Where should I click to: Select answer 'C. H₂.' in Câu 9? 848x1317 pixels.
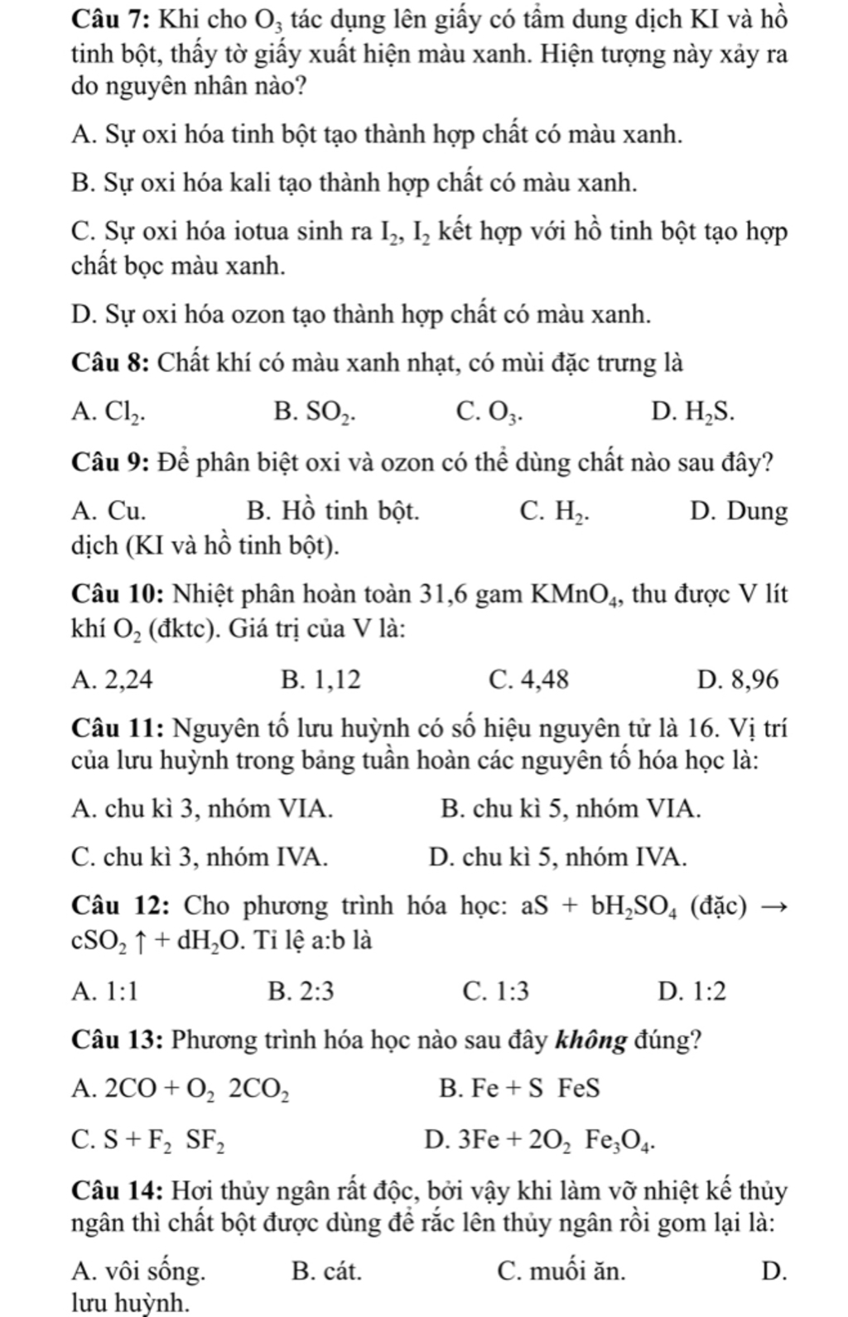[x=555, y=512]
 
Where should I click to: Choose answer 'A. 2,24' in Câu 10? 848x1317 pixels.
[x=113, y=680]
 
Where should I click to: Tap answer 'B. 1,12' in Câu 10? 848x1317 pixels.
[x=320, y=680]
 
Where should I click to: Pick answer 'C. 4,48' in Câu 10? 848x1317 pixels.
[x=529, y=680]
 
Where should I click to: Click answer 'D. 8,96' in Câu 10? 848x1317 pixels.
[x=738, y=680]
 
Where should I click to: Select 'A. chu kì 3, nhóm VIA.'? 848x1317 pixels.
[x=203, y=808]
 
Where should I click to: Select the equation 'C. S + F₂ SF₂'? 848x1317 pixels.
[x=148, y=1141]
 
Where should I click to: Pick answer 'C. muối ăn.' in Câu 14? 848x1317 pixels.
[x=561, y=1270]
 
